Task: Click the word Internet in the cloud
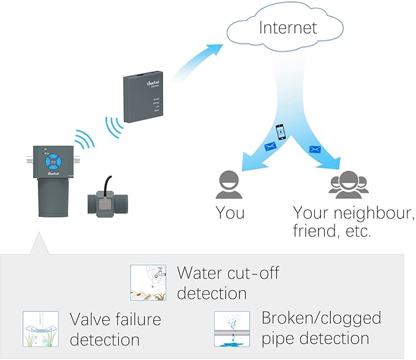(288, 28)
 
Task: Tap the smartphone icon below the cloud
(279, 131)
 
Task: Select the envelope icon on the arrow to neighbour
(316, 149)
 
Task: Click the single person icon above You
(229, 184)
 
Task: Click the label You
(230, 213)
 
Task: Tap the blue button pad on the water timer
(55, 161)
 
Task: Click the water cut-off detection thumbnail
(148, 282)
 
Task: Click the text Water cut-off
(227, 272)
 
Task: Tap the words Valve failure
(115, 319)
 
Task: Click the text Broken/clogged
(321, 318)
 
